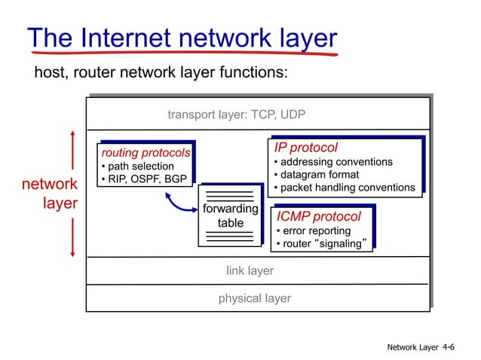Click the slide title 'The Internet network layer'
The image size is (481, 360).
click(x=182, y=39)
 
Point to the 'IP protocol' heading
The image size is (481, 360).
click(x=305, y=148)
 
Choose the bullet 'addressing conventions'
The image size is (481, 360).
click(x=333, y=162)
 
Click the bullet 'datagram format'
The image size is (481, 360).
click(x=316, y=175)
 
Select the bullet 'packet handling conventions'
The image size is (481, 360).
click(x=344, y=188)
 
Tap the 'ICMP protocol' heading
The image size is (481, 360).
click(x=318, y=217)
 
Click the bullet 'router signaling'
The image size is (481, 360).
click(x=322, y=243)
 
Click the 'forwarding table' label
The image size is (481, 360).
click(x=230, y=215)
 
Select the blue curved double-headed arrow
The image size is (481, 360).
click(x=179, y=203)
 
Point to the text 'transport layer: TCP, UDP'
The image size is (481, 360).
click(x=236, y=115)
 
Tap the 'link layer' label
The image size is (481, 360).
click(x=250, y=270)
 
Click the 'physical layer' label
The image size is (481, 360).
click(x=254, y=298)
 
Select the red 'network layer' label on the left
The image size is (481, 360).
click(x=50, y=194)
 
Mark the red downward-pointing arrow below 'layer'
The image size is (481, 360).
click(x=72, y=237)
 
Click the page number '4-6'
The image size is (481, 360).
click(x=449, y=346)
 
